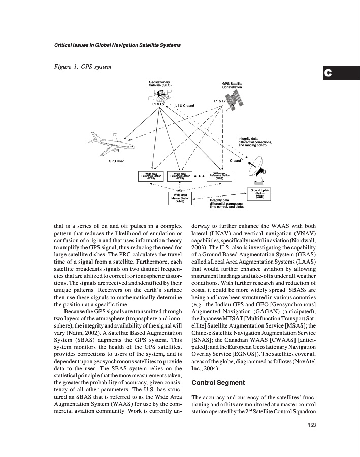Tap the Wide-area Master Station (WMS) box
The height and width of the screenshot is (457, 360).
click(180, 198)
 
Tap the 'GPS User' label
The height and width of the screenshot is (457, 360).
click(117, 161)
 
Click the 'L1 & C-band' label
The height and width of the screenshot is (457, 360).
click(184, 106)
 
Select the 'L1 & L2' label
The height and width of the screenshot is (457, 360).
click(219, 101)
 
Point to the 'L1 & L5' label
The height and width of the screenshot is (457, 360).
click(158, 104)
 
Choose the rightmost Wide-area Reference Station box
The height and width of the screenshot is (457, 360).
click(219, 176)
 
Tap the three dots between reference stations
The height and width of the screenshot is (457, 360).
click(199, 177)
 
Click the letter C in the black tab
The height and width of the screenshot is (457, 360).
click(329, 73)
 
